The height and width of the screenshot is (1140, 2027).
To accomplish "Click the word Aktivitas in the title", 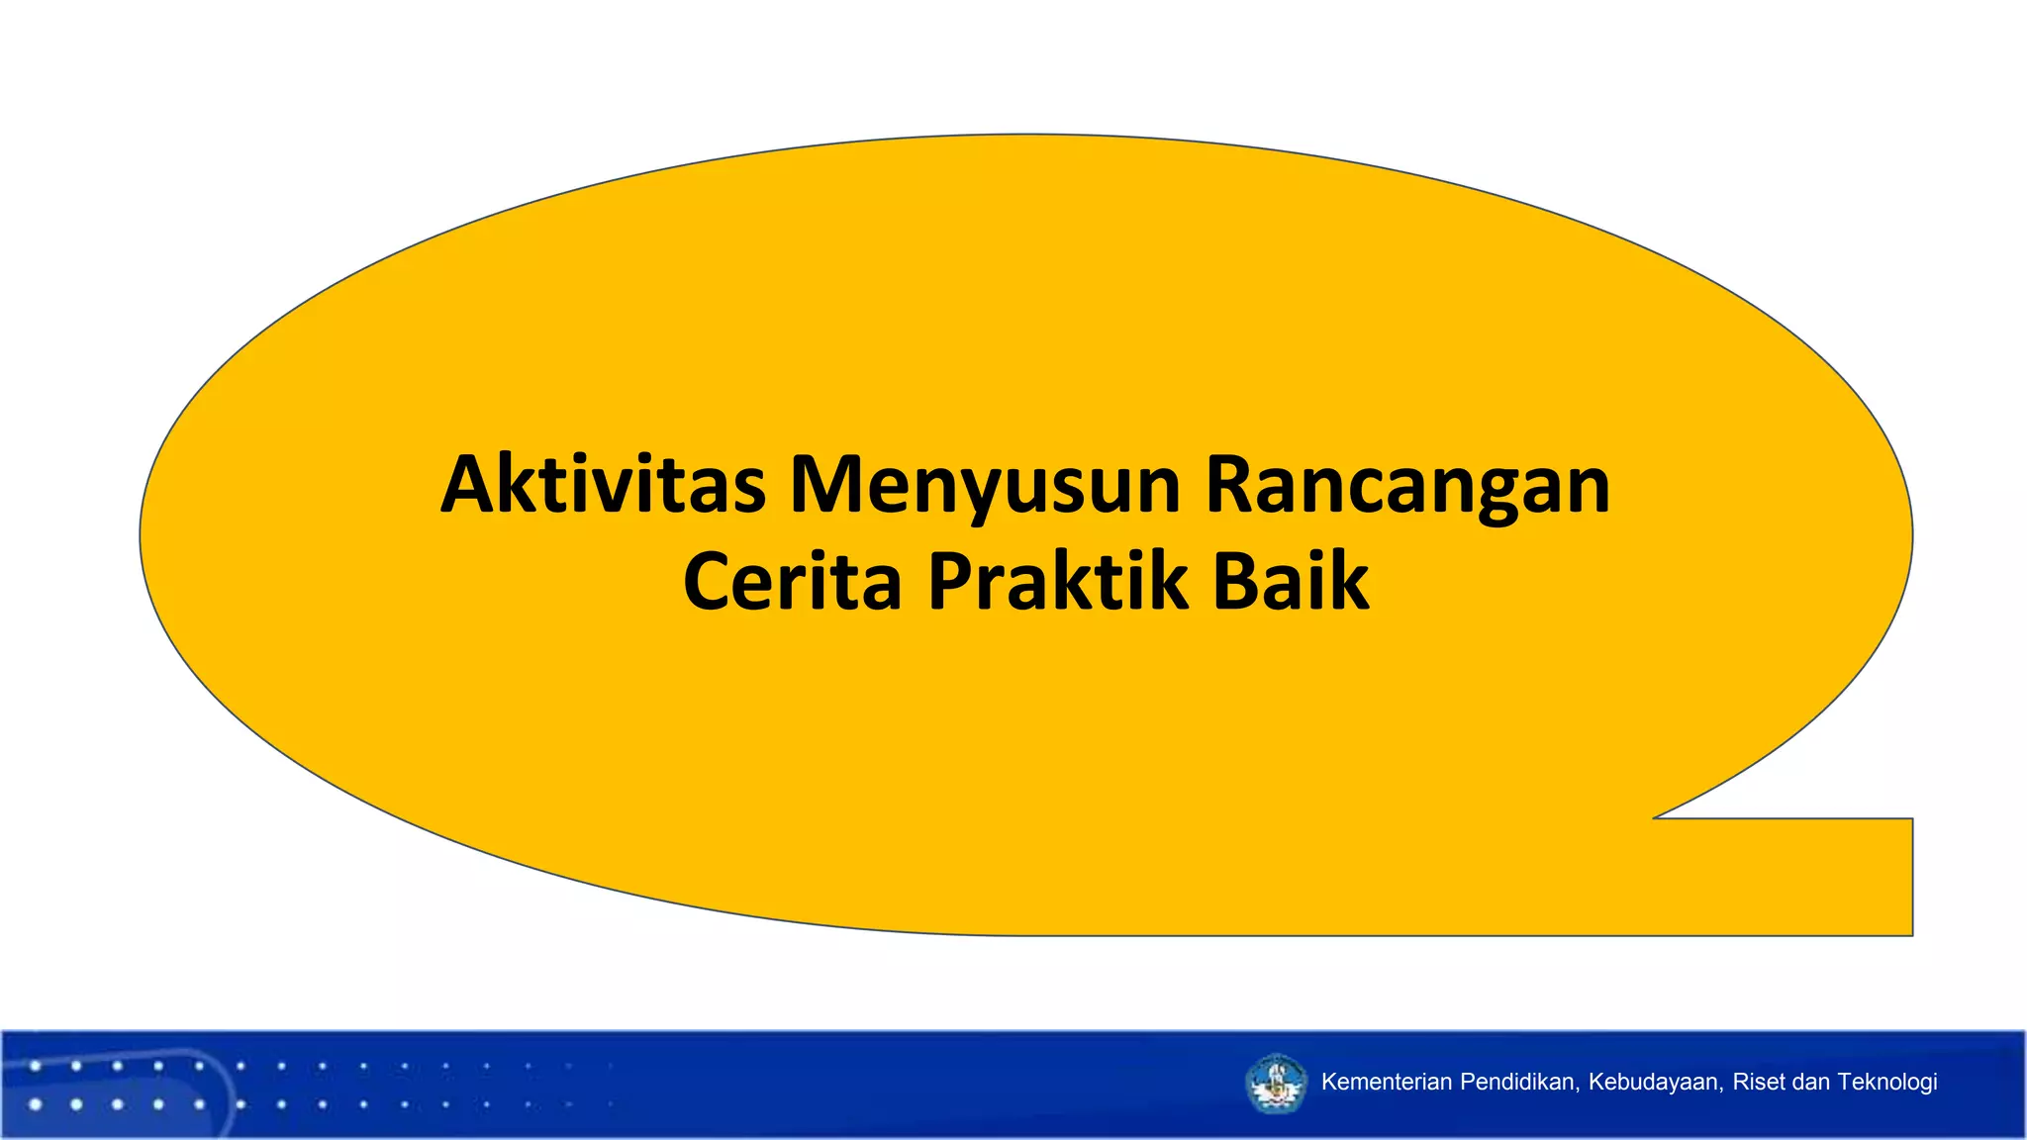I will coord(603,485).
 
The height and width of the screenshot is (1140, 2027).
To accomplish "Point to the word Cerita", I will coord(792,581).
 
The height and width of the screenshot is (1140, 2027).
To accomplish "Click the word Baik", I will coord(1291,581).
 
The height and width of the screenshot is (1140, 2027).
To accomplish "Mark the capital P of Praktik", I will coord(952,581).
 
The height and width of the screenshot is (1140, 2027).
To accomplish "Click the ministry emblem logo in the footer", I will coord(1276,1084).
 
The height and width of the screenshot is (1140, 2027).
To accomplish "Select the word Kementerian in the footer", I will coord(1387,1082).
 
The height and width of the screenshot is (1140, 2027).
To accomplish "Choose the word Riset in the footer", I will coord(1759,1082).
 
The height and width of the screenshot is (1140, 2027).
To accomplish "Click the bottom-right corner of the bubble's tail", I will coord(1911,933).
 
